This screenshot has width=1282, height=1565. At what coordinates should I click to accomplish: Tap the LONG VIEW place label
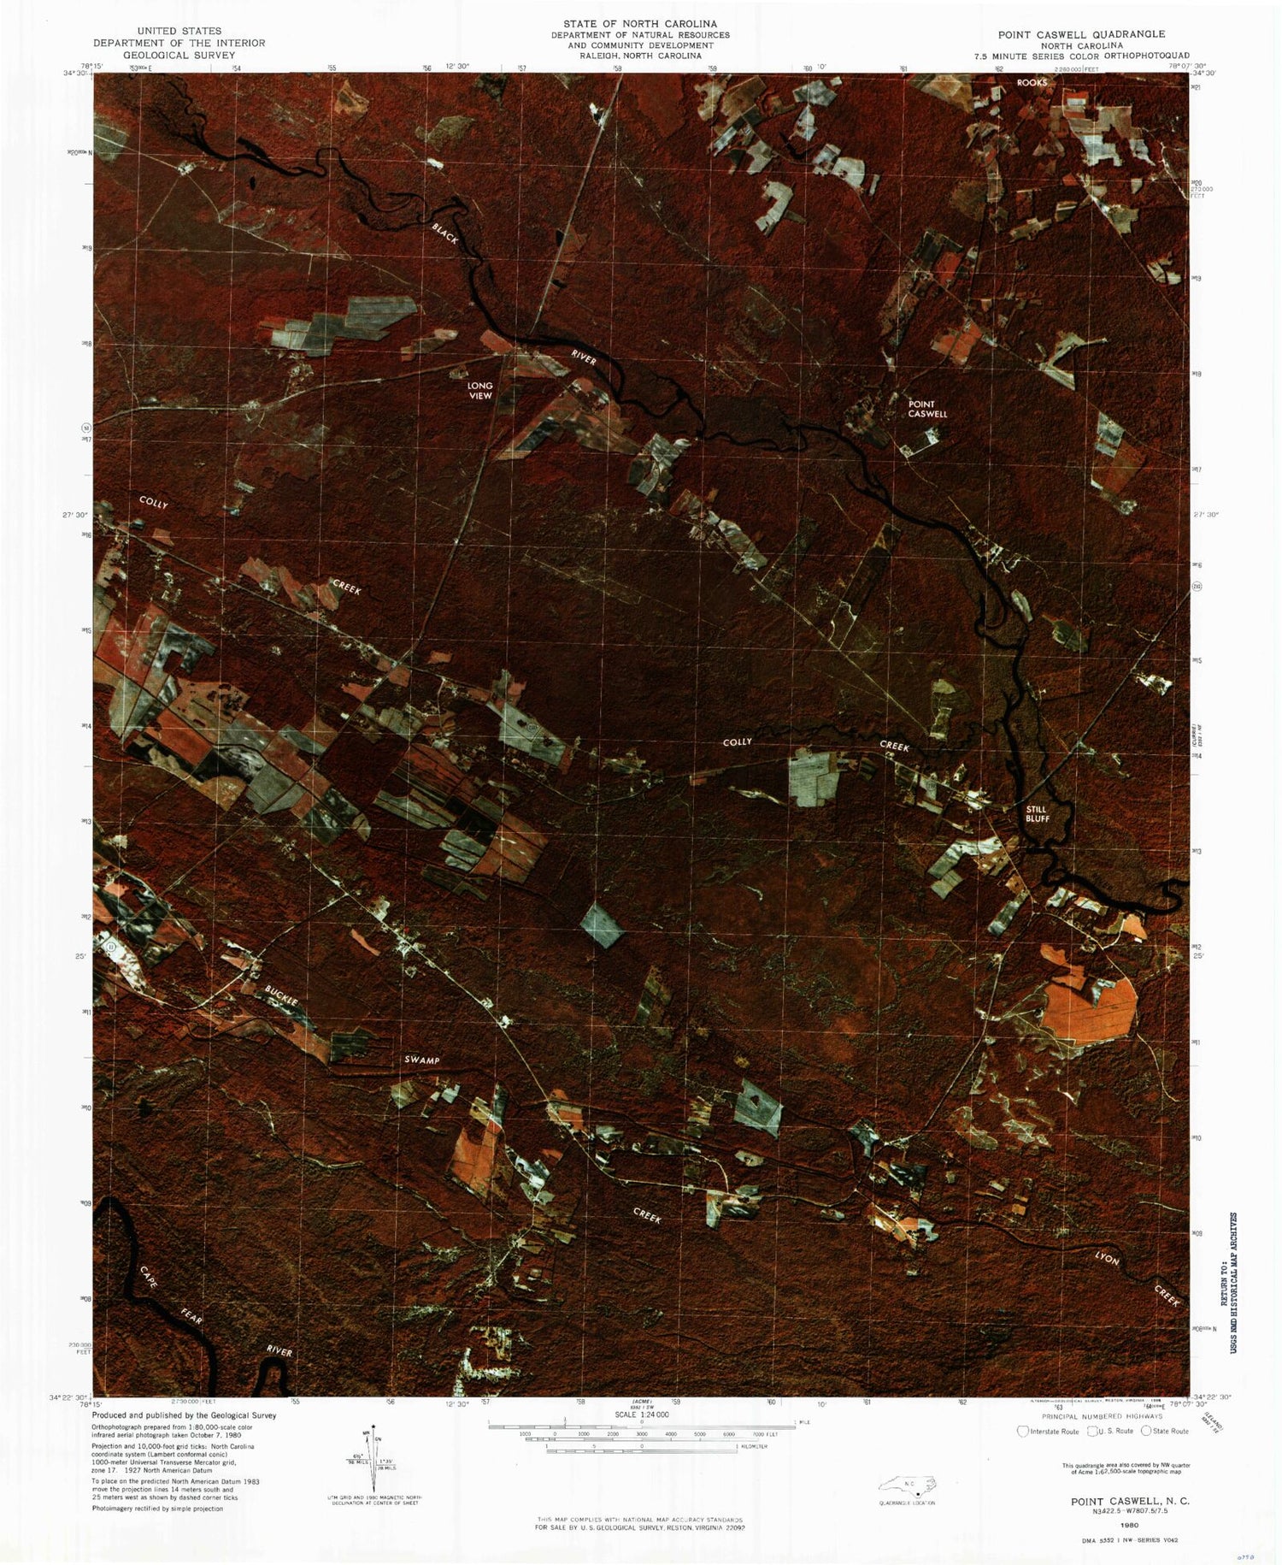(x=479, y=391)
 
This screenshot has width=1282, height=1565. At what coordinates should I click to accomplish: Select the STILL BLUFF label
(x=1037, y=813)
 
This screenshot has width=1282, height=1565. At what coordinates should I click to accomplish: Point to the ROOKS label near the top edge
(x=1032, y=83)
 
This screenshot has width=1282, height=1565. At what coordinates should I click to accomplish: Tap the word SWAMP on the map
(x=421, y=1060)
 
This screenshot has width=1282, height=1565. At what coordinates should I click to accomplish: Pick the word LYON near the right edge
(x=1107, y=1259)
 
